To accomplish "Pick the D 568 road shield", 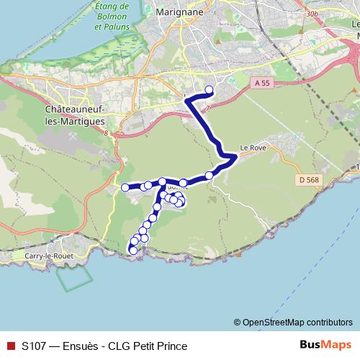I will (x=307, y=179).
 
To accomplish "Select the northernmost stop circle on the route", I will (x=210, y=90).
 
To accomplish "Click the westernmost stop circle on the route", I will (x=125, y=187).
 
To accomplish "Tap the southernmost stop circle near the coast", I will (x=132, y=250).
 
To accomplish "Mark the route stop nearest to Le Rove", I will (x=210, y=175).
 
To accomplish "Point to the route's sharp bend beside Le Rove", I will (x=235, y=156).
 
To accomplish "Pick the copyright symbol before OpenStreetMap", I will (x=237, y=322).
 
